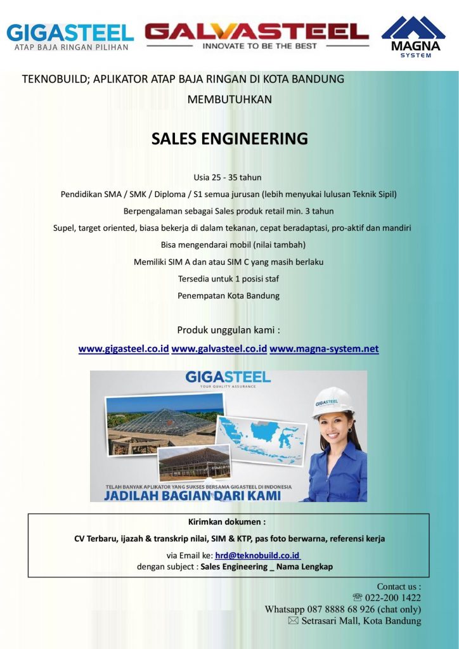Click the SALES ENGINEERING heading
[229, 138]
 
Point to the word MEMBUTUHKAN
[229, 100]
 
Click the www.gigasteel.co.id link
[124, 349]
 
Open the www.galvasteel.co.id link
[219, 349]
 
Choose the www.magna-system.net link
[324, 349]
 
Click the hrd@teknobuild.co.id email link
[257, 555]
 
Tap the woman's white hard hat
[333, 401]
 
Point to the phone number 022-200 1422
[393, 598]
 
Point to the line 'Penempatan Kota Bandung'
[229, 295]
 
